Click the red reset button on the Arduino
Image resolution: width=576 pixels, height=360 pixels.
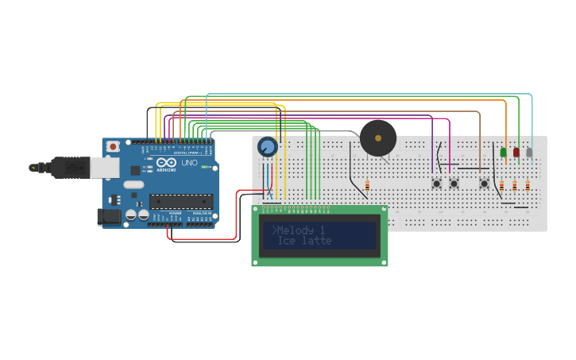point(114,147)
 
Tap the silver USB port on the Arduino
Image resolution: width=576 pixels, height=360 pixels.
point(103,167)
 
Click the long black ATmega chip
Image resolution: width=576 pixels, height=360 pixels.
point(181,203)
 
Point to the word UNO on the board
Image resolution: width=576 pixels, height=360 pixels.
point(190,163)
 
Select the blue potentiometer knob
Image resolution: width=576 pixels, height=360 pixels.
point(268,146)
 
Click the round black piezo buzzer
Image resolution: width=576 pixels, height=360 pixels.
point(378,138)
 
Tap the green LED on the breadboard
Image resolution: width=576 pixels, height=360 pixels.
point(503,152)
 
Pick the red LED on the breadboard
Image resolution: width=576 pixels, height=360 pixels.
point(516,152)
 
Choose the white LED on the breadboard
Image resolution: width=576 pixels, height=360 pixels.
point(529,152)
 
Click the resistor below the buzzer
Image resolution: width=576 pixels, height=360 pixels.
point(367,186)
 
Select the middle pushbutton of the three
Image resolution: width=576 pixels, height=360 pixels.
point(454,184)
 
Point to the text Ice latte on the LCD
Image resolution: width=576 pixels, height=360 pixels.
point(304,241)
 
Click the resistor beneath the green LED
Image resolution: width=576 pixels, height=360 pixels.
point(501,186)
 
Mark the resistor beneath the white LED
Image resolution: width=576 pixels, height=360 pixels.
point(528,186)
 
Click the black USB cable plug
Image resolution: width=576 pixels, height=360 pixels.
point(70,168)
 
